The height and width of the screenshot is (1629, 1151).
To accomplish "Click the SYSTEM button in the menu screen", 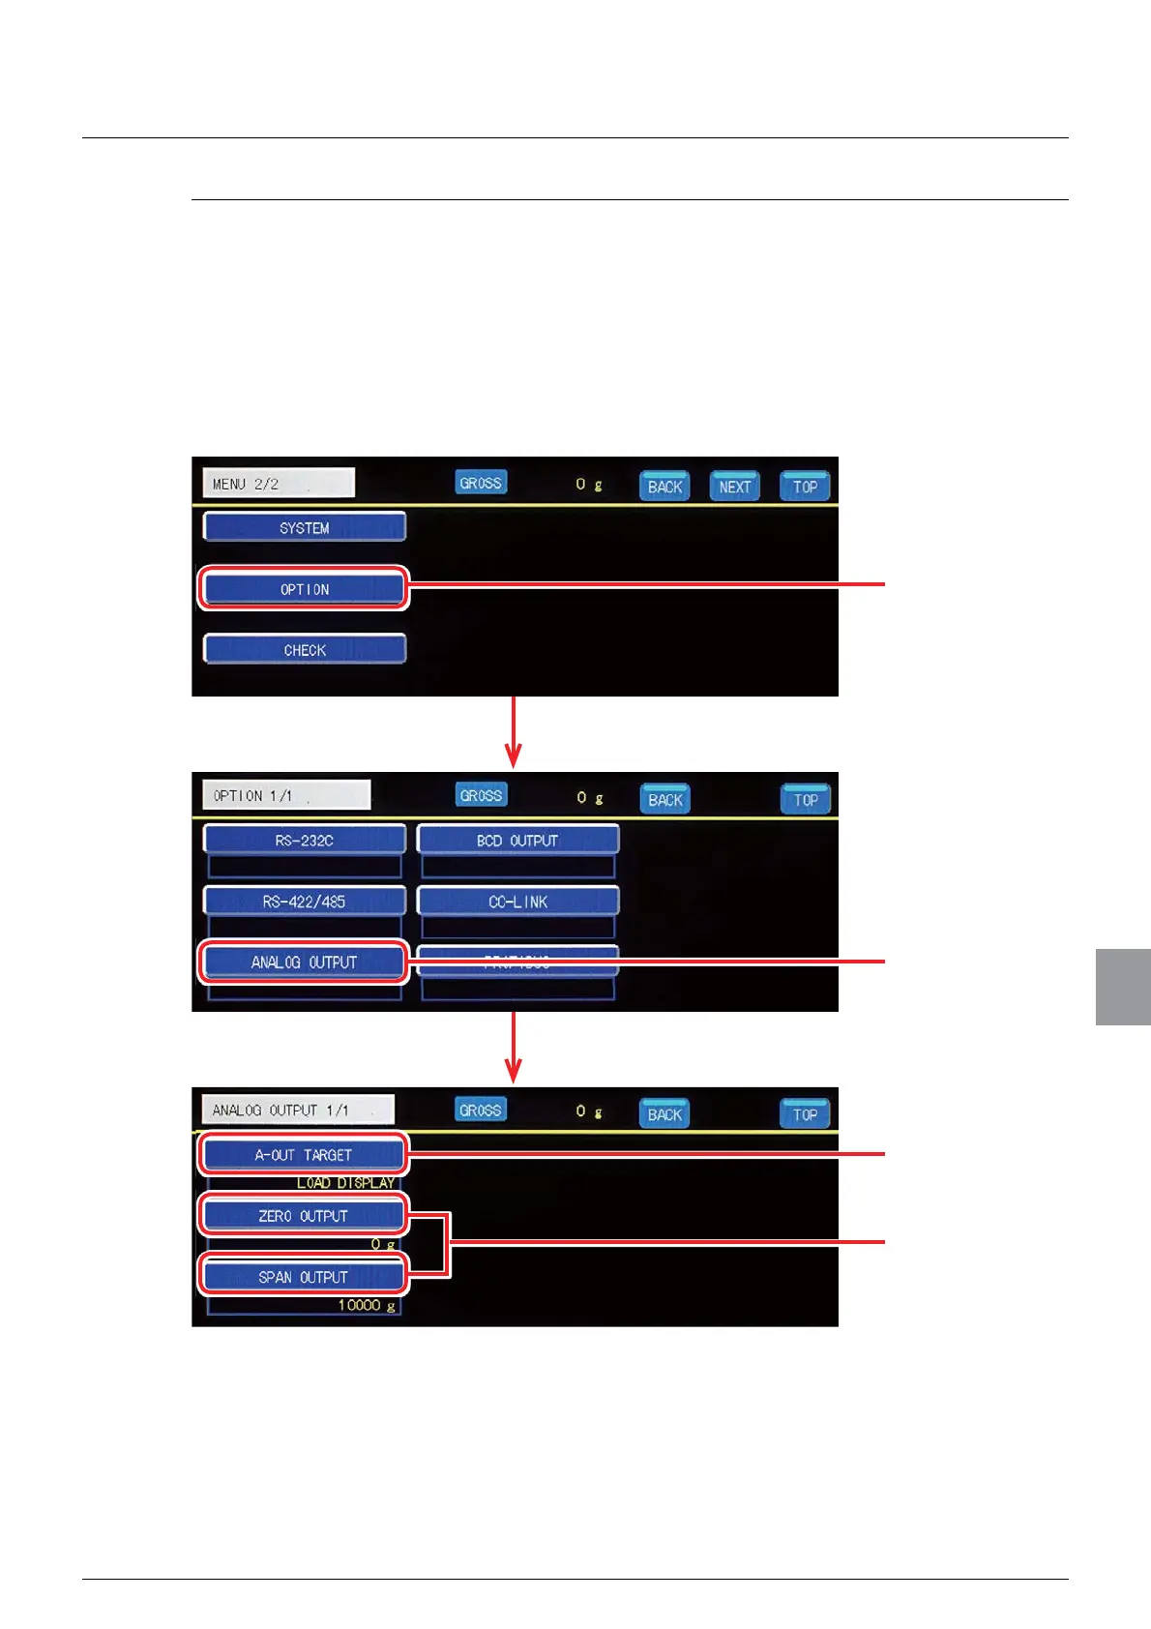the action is pyautogui.click(x=305, y=527).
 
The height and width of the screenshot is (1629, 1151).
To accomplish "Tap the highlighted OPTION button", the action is pyautogui.click(x=305, y=588).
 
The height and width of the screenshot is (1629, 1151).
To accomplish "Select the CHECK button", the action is pyautogui.click(x=305, y=649).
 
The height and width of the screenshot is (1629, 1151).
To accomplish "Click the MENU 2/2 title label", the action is pyautogui.click(x=279, y=483).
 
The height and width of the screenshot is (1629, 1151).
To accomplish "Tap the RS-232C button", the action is pyautogui.click(x=305, y=840).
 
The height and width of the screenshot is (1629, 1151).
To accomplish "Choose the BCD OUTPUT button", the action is pyautogui.click(x=517, y=840).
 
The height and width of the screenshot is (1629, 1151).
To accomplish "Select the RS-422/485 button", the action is pyautogui.click(x=305, y=901).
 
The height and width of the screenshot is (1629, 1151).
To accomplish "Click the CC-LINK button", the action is pyautogui.click(x=517, y=901).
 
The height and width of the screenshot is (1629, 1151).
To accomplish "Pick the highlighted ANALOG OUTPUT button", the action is pyautogui.click(x=305, y=962).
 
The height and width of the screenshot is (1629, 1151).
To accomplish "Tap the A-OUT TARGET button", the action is pyautogui.click(x=305, y=1154).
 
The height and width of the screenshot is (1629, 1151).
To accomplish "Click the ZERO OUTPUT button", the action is pyautogui.click(x=305, y=1215).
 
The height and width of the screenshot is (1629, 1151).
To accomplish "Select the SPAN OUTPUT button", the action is pyautogui.click(x=305, y=1276).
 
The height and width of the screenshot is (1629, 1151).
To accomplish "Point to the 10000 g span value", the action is pyautogui.click(x=366, y=1305).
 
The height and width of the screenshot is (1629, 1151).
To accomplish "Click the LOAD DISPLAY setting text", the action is pyautogui.click(x=345, y=1182).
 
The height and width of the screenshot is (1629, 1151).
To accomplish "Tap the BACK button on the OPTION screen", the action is pyautogui.click(x=665, y=799).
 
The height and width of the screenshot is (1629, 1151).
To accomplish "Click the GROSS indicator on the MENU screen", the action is pyautogui.click(x=481, y=482).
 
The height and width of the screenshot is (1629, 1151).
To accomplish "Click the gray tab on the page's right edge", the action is pyautogui.click(x=1123, y=986).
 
